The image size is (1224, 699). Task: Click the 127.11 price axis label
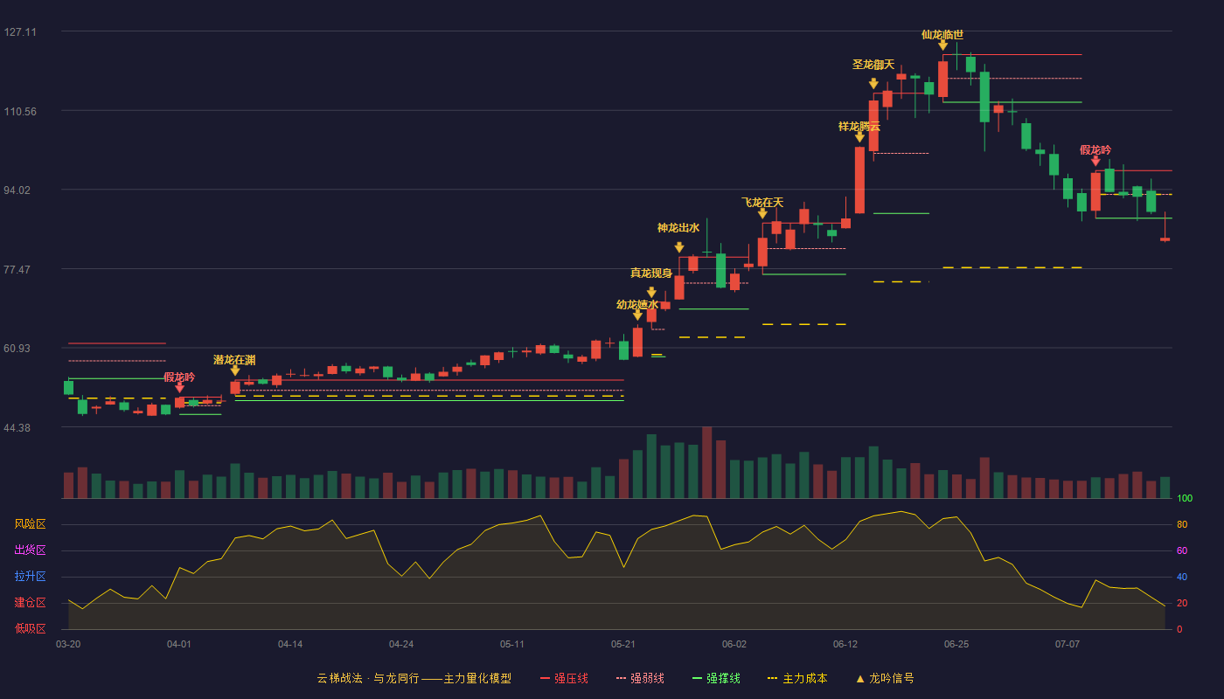[20, 32]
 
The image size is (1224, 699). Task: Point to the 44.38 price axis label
[17, 427]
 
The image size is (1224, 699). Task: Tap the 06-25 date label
[956, 645]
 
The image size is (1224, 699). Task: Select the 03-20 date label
[68, 645]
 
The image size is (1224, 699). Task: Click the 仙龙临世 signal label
[942, 35]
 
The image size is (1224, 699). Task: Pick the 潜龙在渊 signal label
[234, 360]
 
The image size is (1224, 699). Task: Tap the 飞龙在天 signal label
[762, 203]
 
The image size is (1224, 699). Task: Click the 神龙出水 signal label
[678, 228]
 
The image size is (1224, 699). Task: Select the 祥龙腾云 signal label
[859, 127]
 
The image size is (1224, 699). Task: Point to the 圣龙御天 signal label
[873, 65]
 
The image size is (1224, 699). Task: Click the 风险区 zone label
[30, 524]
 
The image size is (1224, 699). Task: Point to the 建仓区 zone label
[30, 602]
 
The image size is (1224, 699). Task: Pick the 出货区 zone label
[30, 550]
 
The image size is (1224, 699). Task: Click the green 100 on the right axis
[1185, 498]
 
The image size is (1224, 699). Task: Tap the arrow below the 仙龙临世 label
[942, 45]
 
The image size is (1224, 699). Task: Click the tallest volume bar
[707, 462]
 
